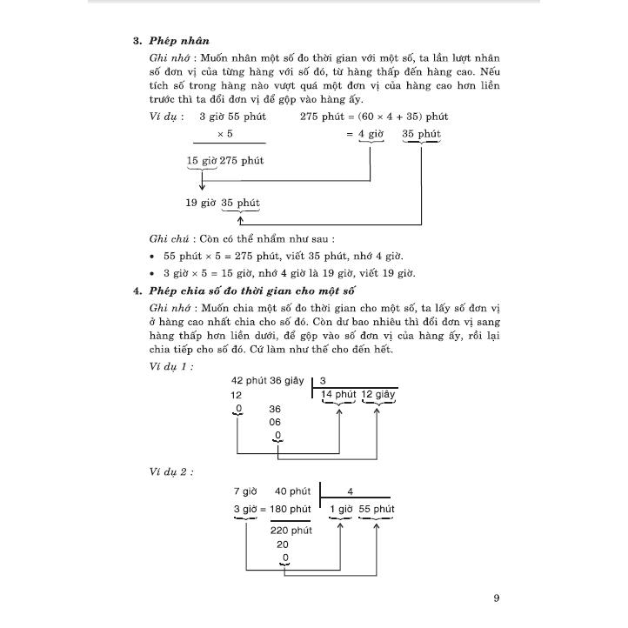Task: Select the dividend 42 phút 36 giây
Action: [268, 381]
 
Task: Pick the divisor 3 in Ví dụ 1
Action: [323, 381]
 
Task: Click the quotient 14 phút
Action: [339, 395]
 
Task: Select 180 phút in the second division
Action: [291, 509]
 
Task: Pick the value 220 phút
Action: [291, 529]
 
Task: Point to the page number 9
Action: [495, 598]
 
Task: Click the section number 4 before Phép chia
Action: [137, 291]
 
